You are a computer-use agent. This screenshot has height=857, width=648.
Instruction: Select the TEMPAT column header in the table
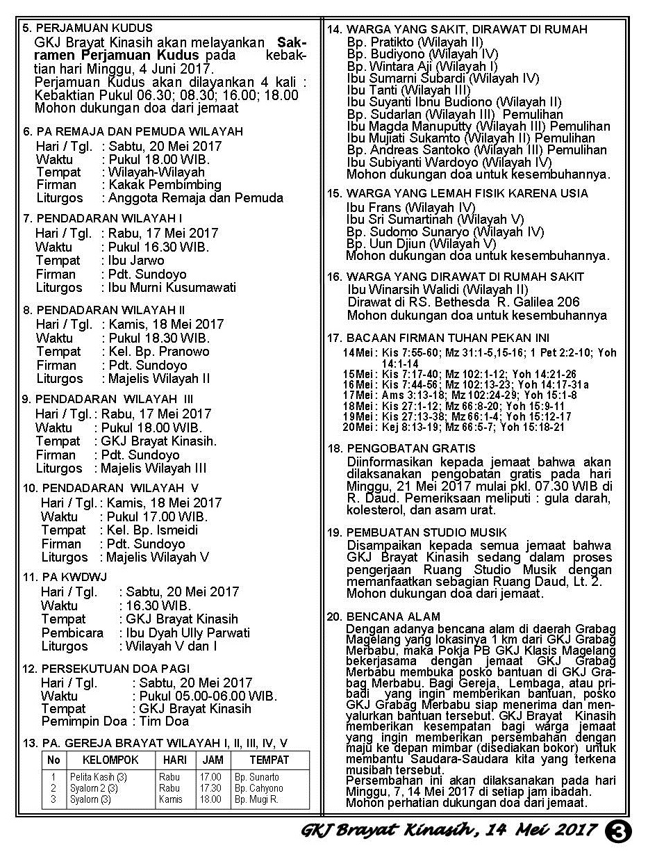point(269,760)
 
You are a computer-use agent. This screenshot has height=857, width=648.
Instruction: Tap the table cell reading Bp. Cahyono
point(258,788)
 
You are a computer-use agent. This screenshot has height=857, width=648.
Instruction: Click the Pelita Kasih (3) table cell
point(98,777)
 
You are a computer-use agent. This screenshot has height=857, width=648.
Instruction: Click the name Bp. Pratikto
point(385,42)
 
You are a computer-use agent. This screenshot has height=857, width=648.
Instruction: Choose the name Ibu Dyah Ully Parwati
point(188,632)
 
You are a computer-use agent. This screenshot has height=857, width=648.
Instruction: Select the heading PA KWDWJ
point(68,577)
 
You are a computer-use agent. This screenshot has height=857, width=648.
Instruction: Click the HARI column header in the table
point(169,760)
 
